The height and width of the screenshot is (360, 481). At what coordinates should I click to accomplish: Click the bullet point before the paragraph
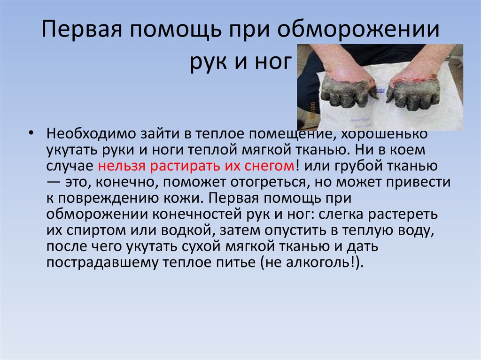point(31,134)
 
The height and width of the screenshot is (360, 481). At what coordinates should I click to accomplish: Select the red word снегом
point(271,166)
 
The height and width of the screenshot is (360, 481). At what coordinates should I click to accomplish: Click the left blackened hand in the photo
point(345,92)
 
